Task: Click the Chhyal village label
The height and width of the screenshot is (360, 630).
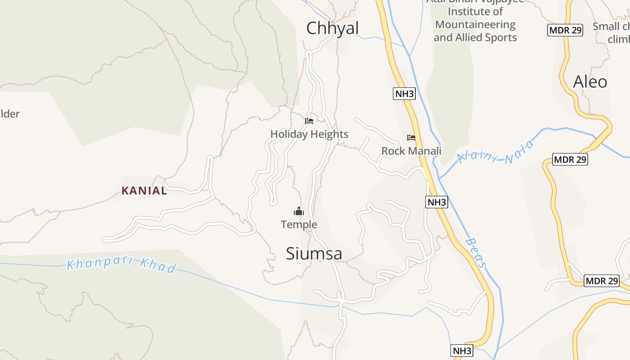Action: (x=332, y=28)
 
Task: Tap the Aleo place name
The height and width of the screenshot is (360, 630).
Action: (x=590, y=82)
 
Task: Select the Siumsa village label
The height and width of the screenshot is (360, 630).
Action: (x=314, y=254)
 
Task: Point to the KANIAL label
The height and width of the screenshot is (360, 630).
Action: (x=144, y=191)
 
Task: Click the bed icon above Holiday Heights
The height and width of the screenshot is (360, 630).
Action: (x=309, y=121)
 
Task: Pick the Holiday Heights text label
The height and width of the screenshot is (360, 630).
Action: (x=309, y=134)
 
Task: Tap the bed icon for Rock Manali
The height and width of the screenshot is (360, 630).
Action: (x=411, y=138)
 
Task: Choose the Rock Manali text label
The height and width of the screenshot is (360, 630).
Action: (x=411, y=151)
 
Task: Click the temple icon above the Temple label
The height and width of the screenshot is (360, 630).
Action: (x=299, y=211)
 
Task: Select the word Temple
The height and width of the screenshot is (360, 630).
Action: (x=299, y=224)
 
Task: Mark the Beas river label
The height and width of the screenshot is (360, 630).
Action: (x=476, y=253)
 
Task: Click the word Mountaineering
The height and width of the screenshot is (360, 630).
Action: (x=475, y=24)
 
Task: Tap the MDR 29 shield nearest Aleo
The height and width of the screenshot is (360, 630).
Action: (x=565, y=30)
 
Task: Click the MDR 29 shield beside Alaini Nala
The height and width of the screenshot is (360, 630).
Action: (x=570, y=159)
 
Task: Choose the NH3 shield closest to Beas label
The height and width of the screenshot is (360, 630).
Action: (x=436, y=202)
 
